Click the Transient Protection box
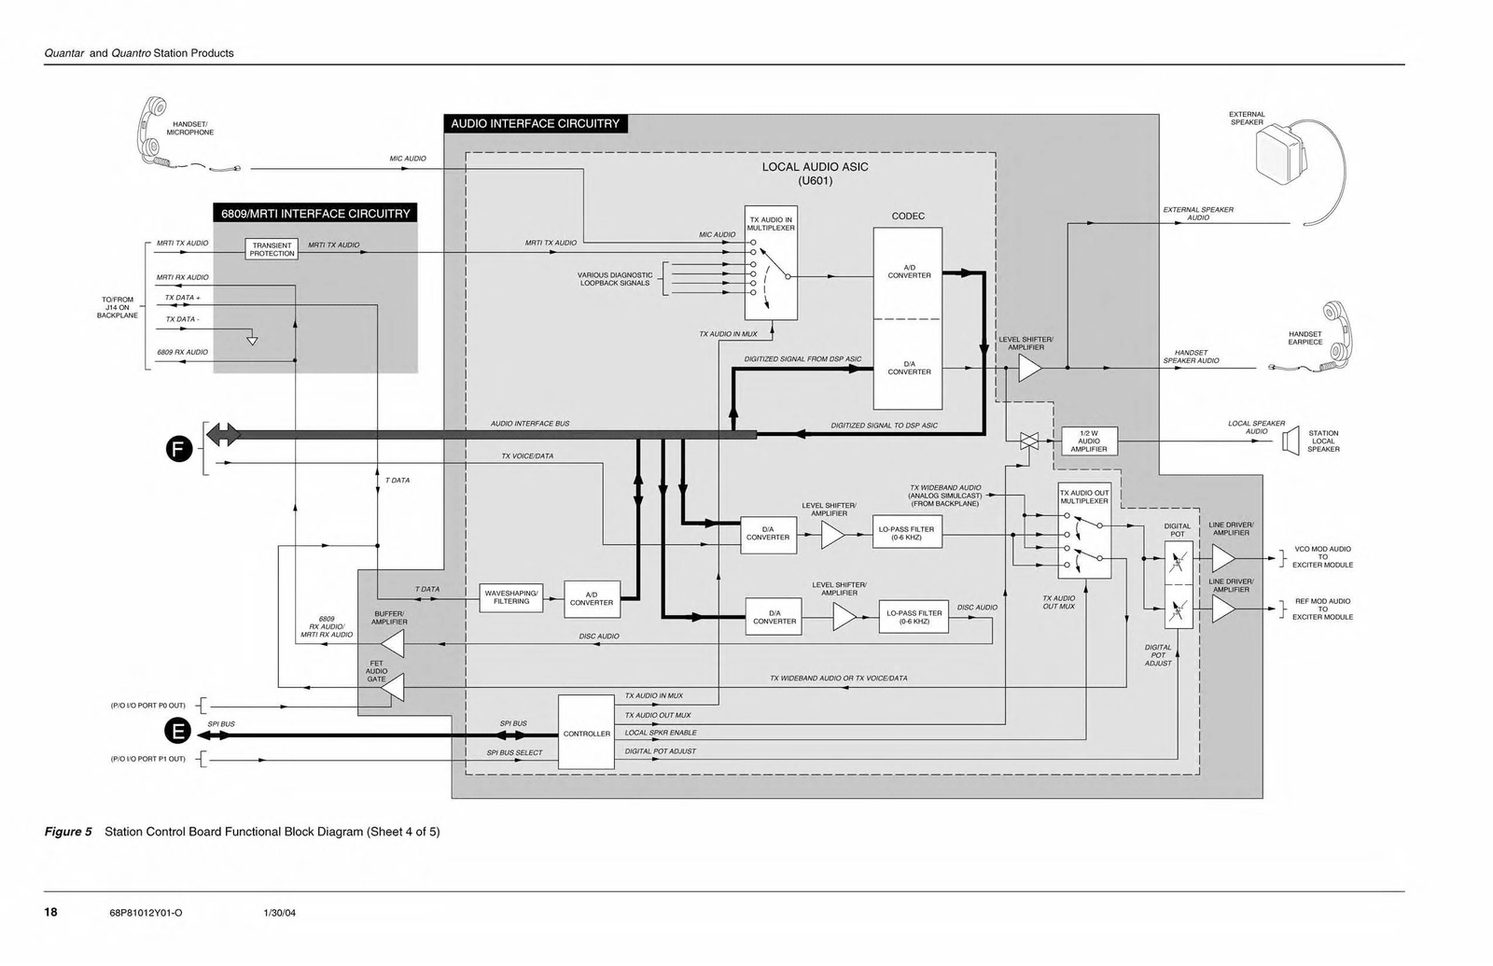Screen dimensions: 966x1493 pos(272,249)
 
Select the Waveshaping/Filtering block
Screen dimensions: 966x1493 pos(511,597)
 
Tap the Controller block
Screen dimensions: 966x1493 pos(586,733)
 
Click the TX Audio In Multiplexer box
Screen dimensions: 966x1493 pos(771,263)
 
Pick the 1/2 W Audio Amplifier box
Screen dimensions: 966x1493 pos(1089,441)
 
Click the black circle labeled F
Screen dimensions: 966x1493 pos(179,449)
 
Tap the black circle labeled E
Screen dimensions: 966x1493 pos(177,733)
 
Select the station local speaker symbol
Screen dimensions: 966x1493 pos(1291,441)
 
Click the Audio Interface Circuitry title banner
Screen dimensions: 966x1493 pos(535,123)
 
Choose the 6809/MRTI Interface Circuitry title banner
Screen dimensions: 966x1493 pos(315,213)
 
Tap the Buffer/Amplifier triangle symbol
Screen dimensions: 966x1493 pos(392,643)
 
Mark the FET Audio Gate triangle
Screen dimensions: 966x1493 pos(394,688)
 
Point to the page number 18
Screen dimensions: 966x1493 pos(50,912)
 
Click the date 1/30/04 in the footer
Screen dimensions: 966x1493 pos(279,913)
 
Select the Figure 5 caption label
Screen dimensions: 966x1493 pos(68,832)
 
